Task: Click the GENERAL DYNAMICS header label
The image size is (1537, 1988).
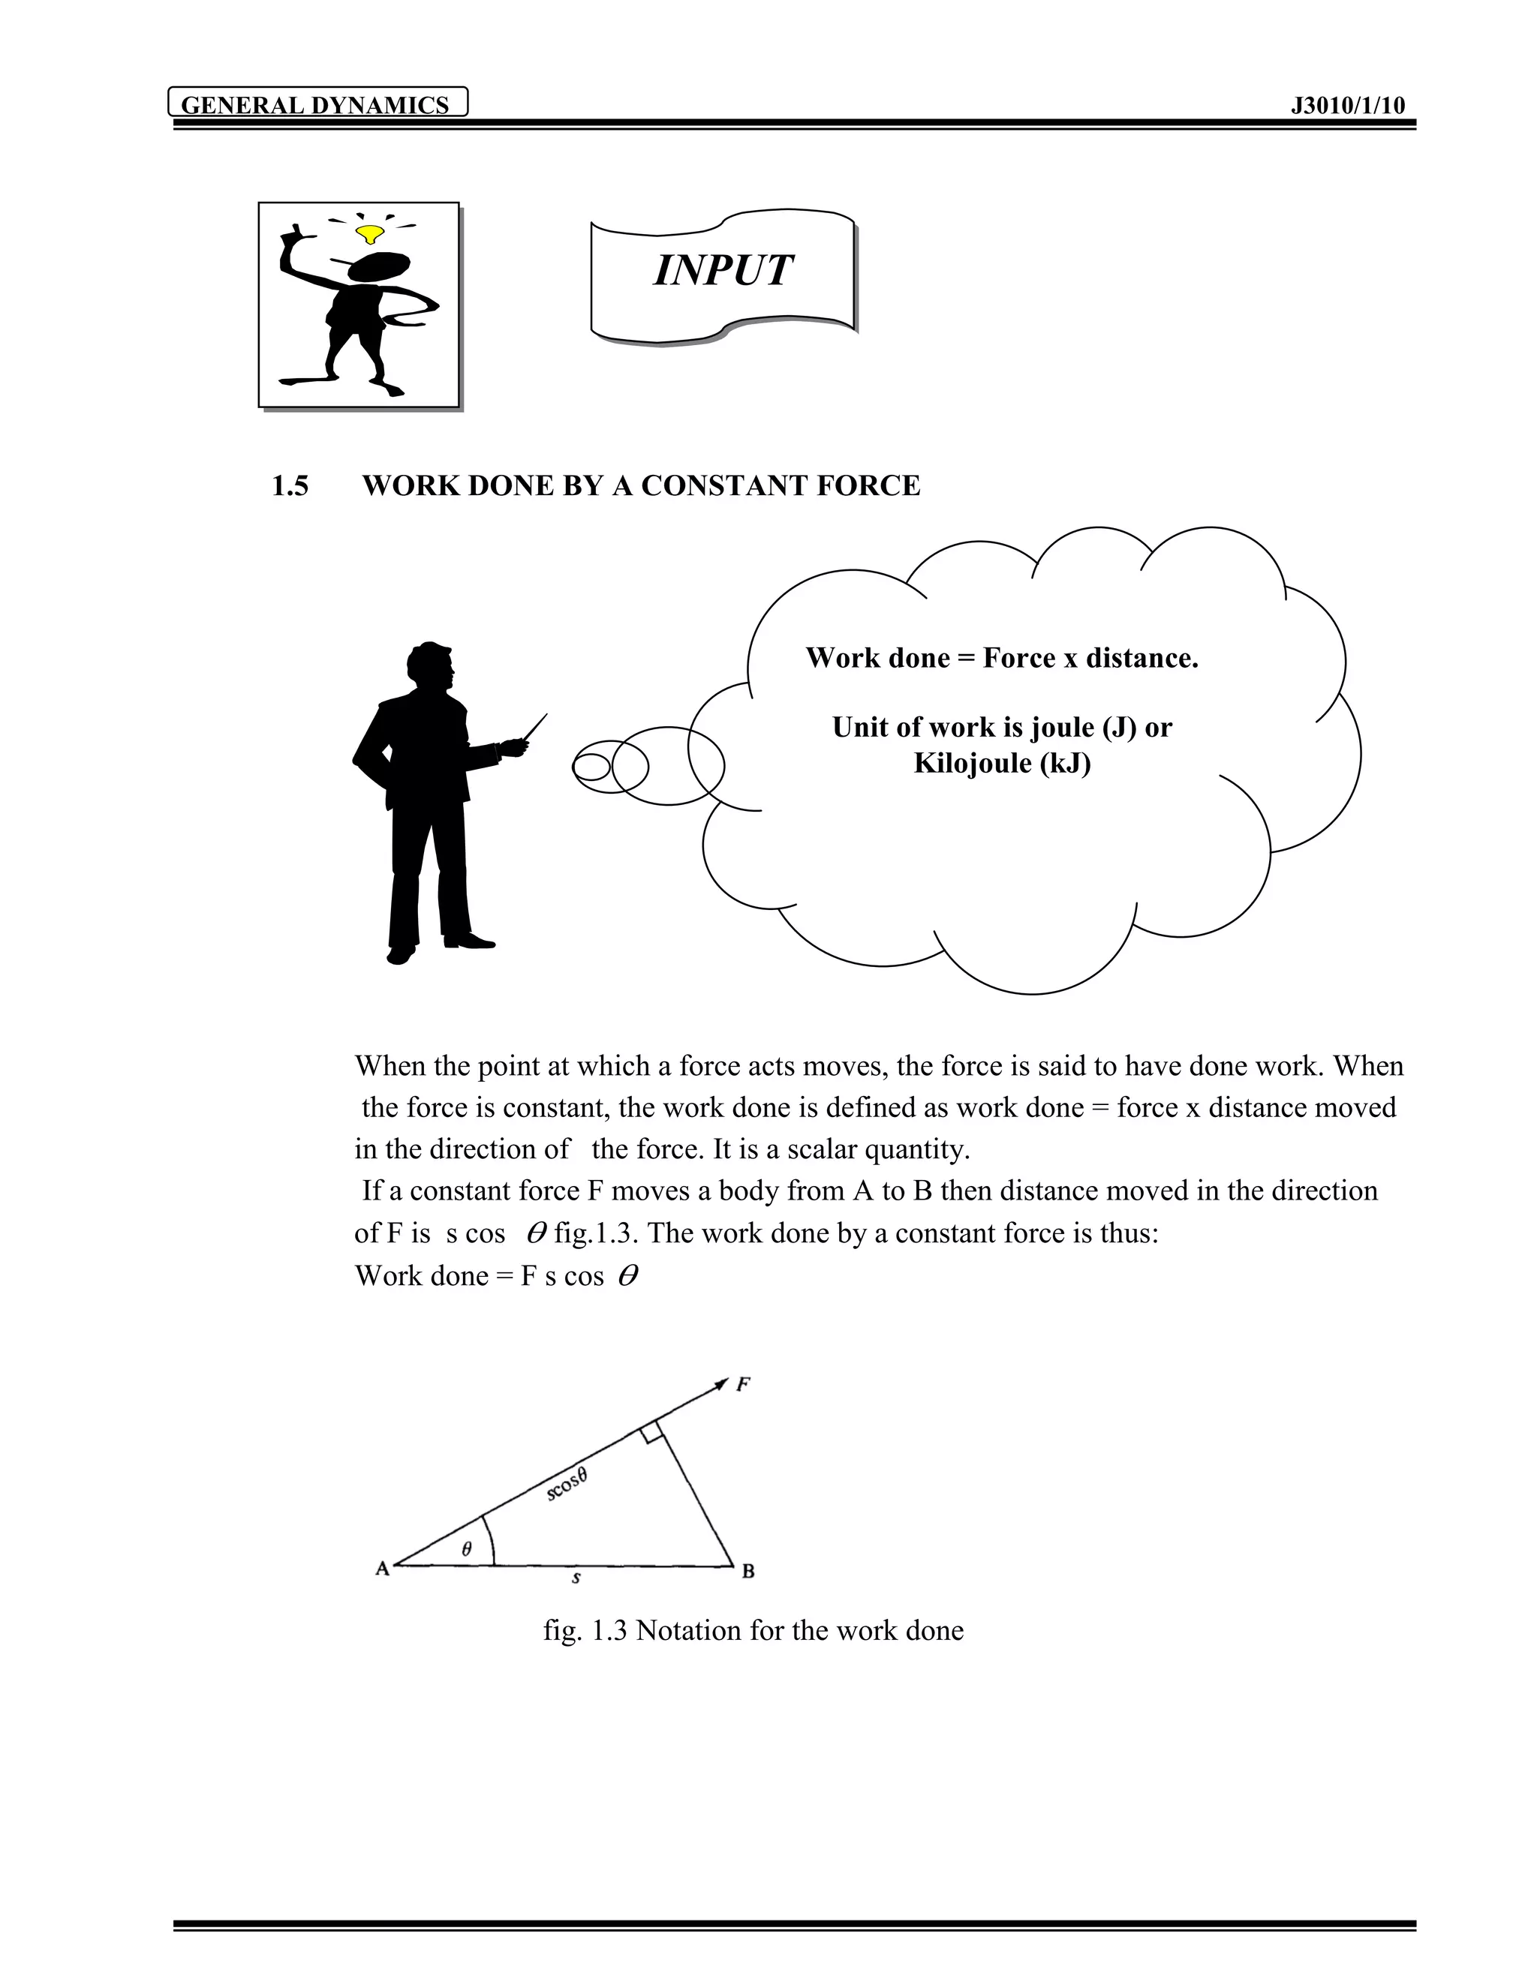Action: [x=315, y=105]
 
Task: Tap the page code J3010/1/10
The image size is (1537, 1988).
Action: [x=1348, y=105]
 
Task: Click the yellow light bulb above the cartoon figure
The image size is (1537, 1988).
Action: [x=370, y=234]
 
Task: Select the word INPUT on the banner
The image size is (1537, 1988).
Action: [x=723, y=270]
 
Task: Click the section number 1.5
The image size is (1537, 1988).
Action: [x=290, y=485]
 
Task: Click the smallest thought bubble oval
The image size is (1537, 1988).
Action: [x=591, y=767]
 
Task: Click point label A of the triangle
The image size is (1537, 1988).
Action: [x=383, y=1567]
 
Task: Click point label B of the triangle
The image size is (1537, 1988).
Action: [x=748, y=1571]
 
